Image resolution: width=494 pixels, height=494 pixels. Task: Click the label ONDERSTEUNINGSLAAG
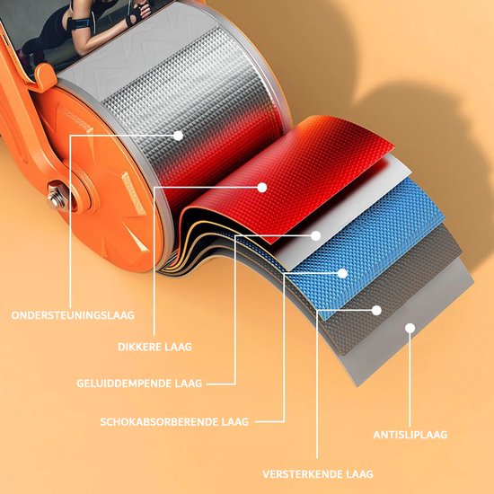click(73, 315)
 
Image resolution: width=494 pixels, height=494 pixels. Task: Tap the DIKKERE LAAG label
click(154, 347)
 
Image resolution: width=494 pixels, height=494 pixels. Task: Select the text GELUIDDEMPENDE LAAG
click(139, 384)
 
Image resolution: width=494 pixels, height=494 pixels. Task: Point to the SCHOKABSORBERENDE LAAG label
click(174, 422)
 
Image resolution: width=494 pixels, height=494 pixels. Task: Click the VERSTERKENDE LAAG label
click(318, 474)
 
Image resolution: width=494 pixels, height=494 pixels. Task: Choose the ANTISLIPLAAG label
click(410, 435)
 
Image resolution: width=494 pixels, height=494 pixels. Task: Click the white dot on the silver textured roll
click(178, 136)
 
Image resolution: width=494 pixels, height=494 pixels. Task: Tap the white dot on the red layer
click(261, 188)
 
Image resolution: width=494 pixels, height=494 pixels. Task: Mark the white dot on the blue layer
click(342, 273)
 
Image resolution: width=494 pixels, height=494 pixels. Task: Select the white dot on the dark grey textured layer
click(376, 311)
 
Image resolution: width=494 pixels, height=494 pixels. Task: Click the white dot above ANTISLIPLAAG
click(410, 329)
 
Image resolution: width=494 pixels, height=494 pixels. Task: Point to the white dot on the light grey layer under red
click(315, 235)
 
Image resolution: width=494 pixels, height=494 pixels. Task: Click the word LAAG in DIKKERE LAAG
click(178, 347)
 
